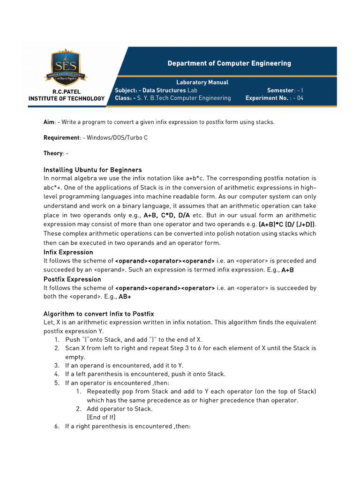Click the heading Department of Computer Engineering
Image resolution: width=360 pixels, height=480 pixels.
pyautogui.click(x=229, y=63)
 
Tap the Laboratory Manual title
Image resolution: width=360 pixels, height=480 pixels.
pyautogui.click(x=202, y=82)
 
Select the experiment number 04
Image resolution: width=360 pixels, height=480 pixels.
pyautogui.click(x=300, y=98)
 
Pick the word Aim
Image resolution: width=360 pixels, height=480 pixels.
pyautogui.click(x=49, y=122)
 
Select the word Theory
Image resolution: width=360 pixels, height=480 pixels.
pyautogui.click(x=53, y=153)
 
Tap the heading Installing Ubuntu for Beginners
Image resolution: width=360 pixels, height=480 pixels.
pyautogui.click(x=92, y=170)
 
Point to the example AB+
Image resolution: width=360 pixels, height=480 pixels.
pyautogui.click(x=125, y=297)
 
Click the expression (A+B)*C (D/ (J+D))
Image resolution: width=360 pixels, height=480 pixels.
pyautogui.click(x=287, y=224)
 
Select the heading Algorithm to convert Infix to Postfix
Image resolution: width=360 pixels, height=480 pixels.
pyautogui.click(x=98, y=314)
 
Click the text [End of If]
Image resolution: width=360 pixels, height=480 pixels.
pyautogui.click(x=101, y=417)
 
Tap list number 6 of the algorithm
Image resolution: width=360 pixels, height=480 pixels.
pyautogui.click(x=56, y=427)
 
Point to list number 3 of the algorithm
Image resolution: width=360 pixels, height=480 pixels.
pyautogui.click(x=56, y=365)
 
